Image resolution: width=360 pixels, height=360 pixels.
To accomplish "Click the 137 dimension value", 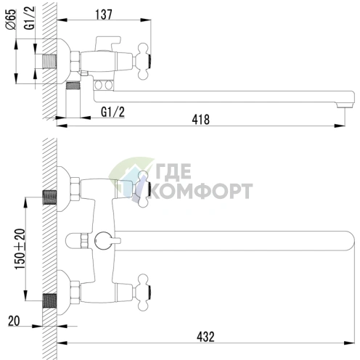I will pyautogui.click(x=106, y=14).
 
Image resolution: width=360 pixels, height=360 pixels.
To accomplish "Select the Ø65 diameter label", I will pyautogui.click(x=10, y=34).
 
